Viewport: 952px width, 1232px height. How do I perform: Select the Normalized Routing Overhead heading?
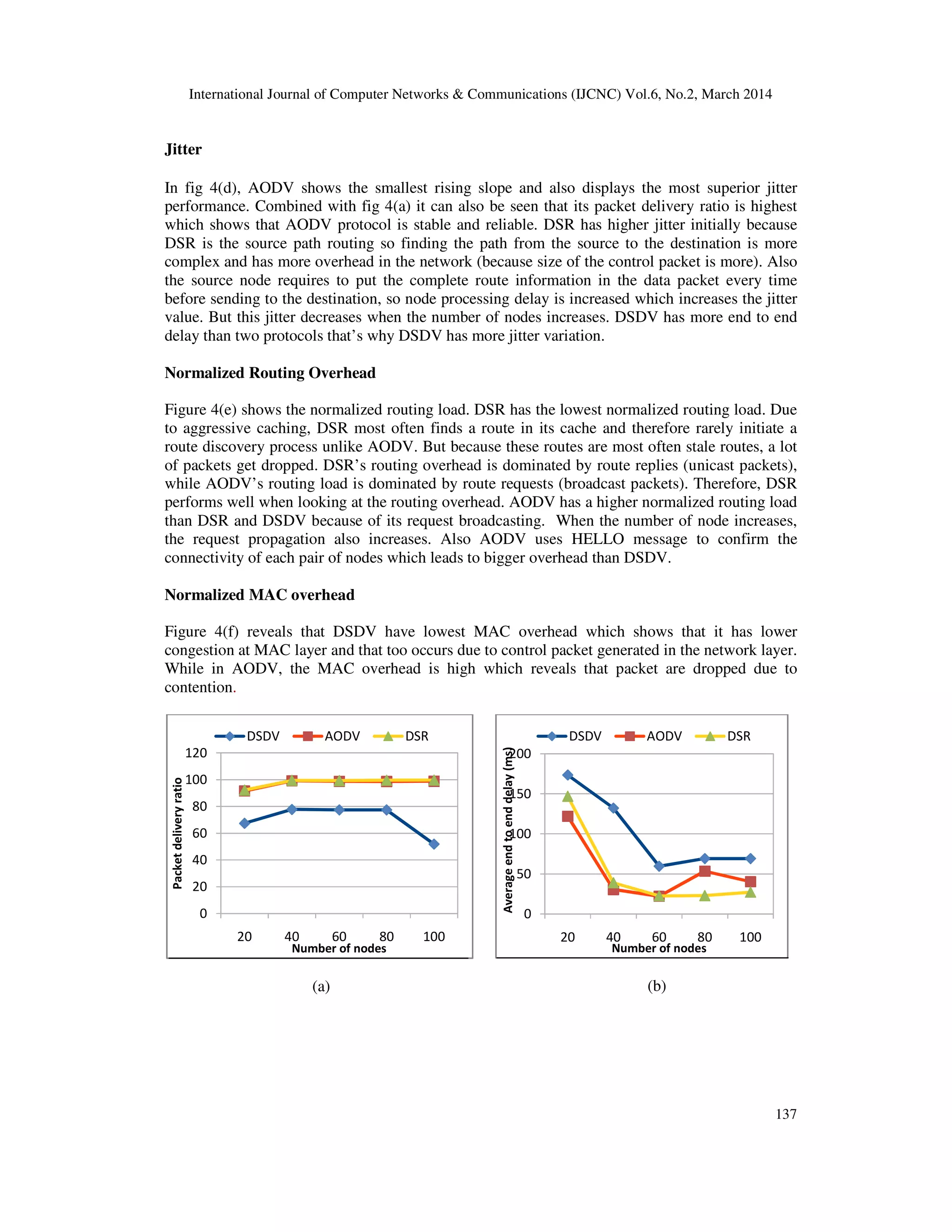(x=270, y=373)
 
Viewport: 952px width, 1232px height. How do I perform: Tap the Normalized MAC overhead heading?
(x=259, y=595)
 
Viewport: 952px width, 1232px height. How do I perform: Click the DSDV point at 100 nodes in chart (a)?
(x=434, y=844)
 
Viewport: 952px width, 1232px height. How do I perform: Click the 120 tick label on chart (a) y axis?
(x=196, y=753)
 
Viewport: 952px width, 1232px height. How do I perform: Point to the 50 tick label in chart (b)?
(x=524, y=874)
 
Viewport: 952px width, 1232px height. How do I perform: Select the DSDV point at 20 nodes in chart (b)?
(x=568, y=775)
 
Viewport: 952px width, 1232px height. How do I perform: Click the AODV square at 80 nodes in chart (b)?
(x=704, y=871)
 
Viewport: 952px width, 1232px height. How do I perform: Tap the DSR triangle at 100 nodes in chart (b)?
(x=750, y=892)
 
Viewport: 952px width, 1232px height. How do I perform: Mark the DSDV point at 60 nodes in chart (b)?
(x=659, y=866)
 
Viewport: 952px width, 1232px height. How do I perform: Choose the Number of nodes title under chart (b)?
(x=659, y=948)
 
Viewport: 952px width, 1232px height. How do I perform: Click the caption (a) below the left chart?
(x=321, y=986)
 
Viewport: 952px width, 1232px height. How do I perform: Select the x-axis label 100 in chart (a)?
(x=434, y=936)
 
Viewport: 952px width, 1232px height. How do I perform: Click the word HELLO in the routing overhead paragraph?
(x=597, y=539)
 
